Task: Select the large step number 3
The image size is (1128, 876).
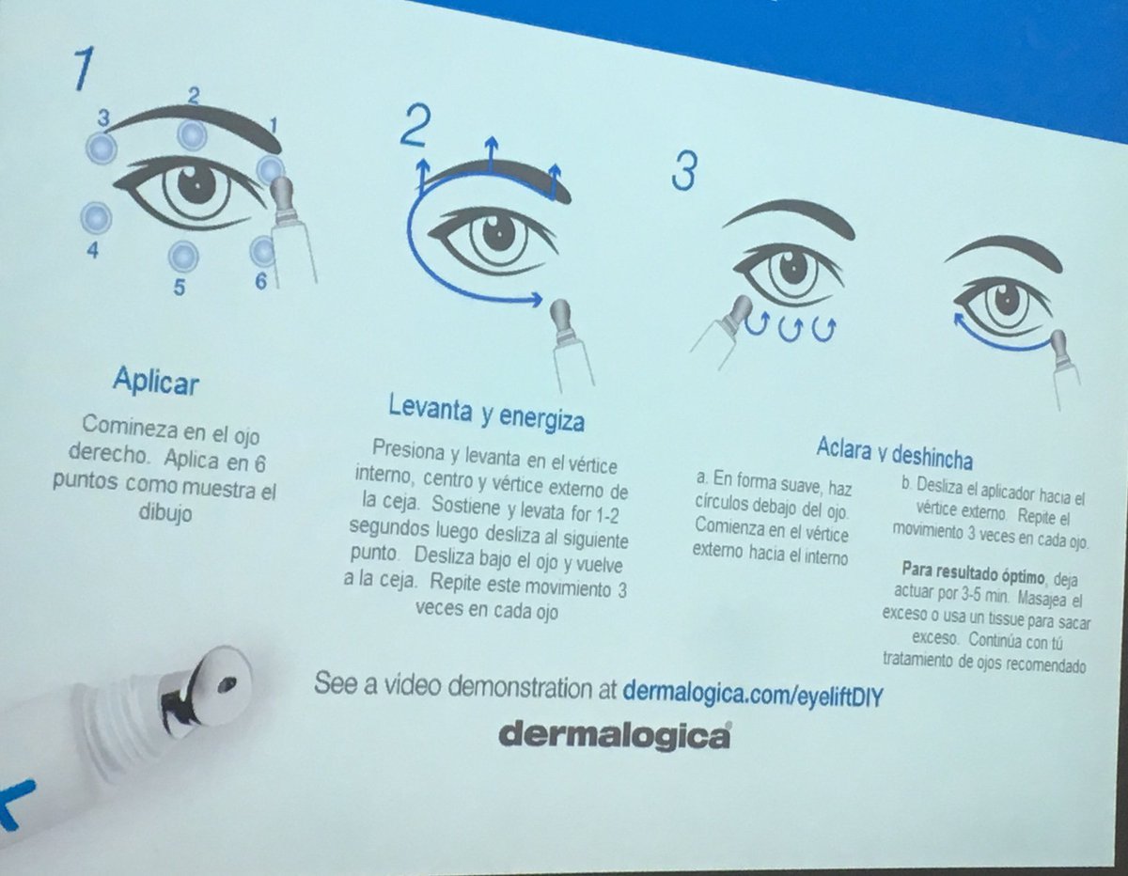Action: (684, 170)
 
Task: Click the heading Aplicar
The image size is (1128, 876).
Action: (156, 381)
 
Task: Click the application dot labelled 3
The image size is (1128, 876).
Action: (101, 148)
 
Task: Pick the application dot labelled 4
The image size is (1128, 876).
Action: (96, 218)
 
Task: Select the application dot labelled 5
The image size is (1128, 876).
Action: (182, 255)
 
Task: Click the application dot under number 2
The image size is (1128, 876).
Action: (193, 135)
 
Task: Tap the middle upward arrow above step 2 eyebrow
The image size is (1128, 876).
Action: (490, 150)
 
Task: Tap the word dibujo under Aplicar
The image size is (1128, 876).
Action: (168, 516)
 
